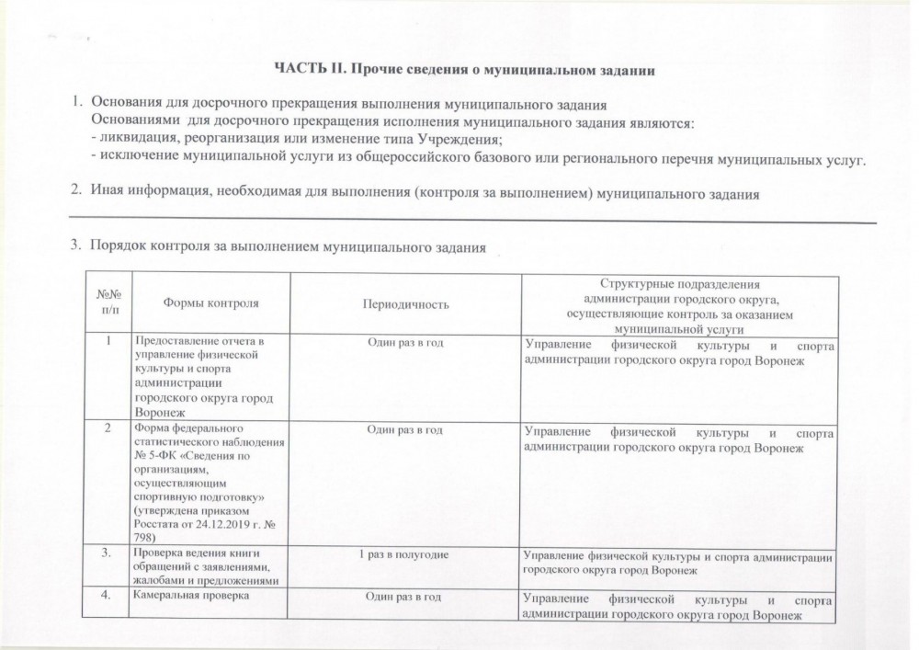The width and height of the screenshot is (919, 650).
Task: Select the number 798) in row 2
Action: (x=145, y=537)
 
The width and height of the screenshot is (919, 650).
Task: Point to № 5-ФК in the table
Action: (x=153, y=455)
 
